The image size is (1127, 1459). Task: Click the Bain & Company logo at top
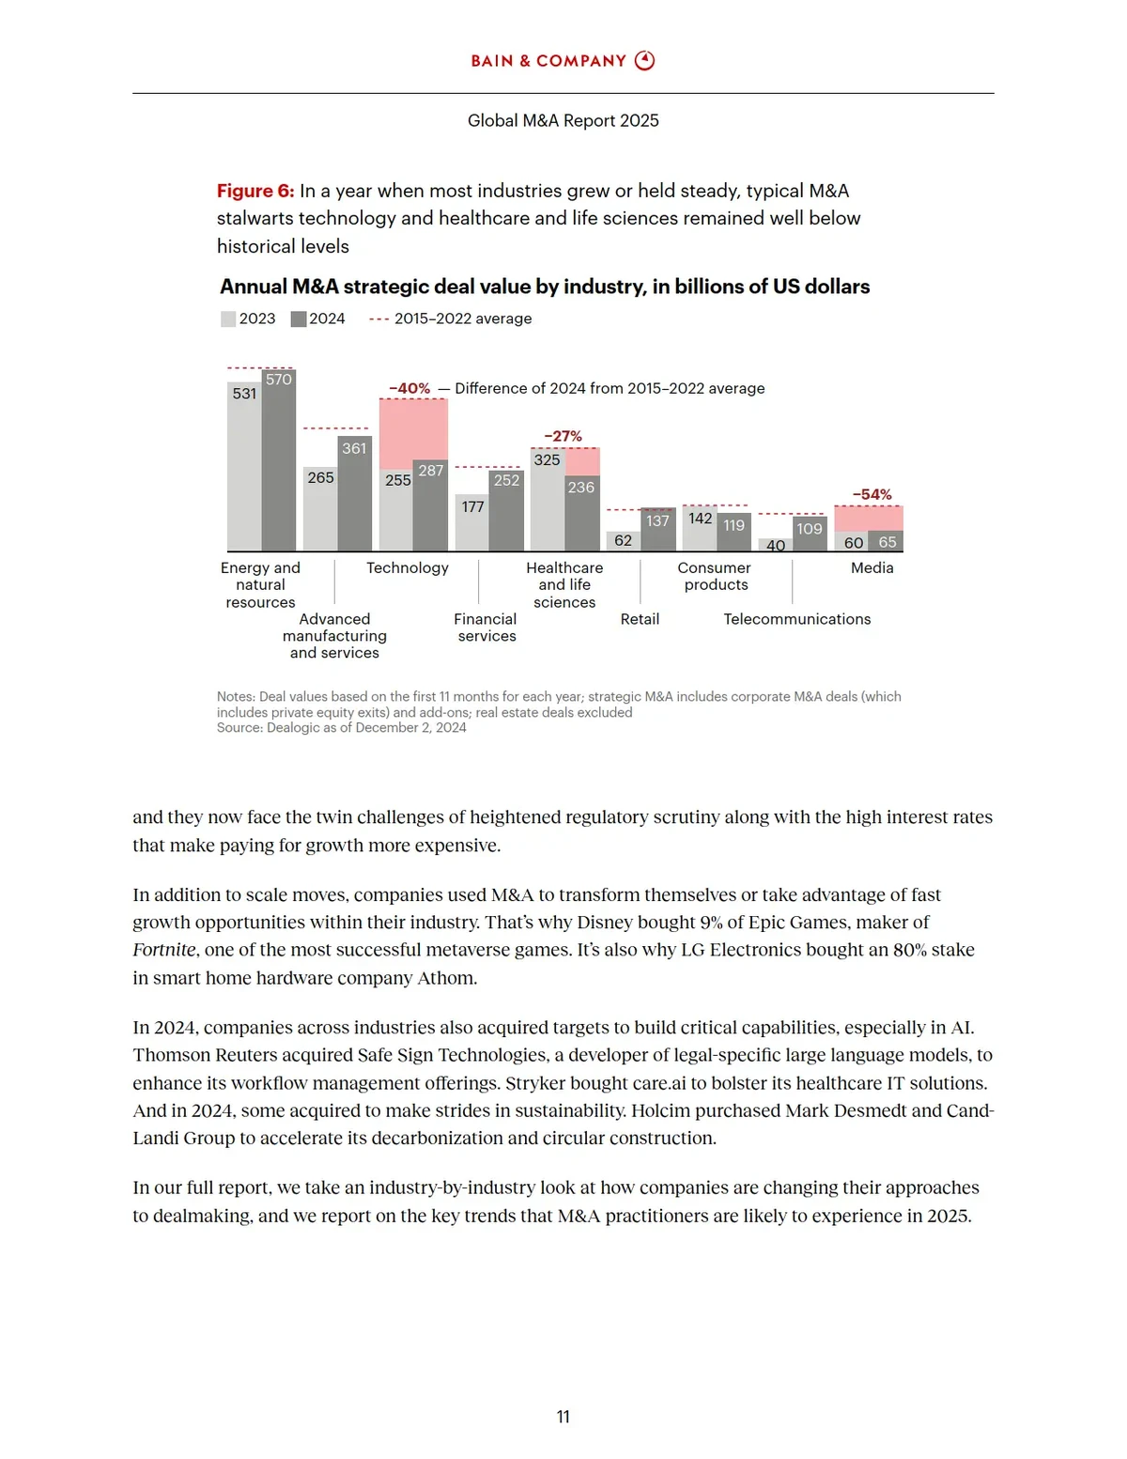563,61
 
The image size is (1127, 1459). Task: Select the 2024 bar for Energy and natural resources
279,460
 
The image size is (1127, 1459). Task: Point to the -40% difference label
409,388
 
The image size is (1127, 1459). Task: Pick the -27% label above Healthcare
563,436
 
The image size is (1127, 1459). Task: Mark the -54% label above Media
872,494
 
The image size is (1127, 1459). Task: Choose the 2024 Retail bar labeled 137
657,530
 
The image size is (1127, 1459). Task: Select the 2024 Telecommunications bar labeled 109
810,534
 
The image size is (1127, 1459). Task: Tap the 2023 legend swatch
228,319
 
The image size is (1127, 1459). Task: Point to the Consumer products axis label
715,576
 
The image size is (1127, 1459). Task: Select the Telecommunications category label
796,619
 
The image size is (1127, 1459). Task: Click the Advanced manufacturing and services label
334,636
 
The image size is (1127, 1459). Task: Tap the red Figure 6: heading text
255,191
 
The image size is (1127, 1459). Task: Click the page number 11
563,1417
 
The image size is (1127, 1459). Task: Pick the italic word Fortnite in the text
164,950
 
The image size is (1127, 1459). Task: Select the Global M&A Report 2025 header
563,120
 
